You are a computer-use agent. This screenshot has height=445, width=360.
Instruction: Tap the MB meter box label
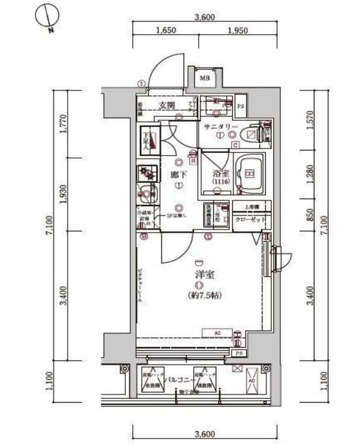(204, 78)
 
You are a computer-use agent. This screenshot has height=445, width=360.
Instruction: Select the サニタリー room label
(221, 126)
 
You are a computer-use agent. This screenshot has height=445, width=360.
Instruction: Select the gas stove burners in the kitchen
(146, 172)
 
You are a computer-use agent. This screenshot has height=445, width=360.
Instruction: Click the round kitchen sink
(146, 193)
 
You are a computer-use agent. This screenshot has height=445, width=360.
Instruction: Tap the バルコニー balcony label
(179, 381)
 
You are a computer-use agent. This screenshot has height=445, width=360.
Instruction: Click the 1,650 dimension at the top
(164, 30)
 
